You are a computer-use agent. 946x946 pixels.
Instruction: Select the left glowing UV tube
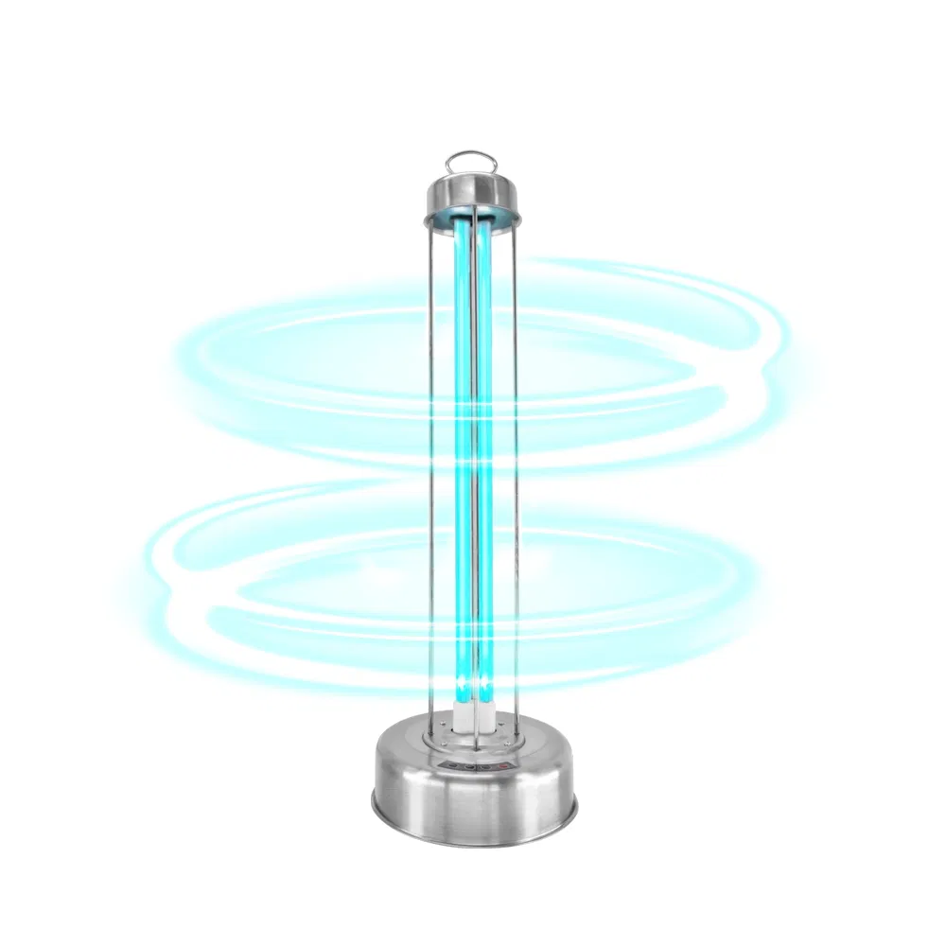click(461, 426)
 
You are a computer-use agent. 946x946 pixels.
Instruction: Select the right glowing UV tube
click(485, 426)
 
